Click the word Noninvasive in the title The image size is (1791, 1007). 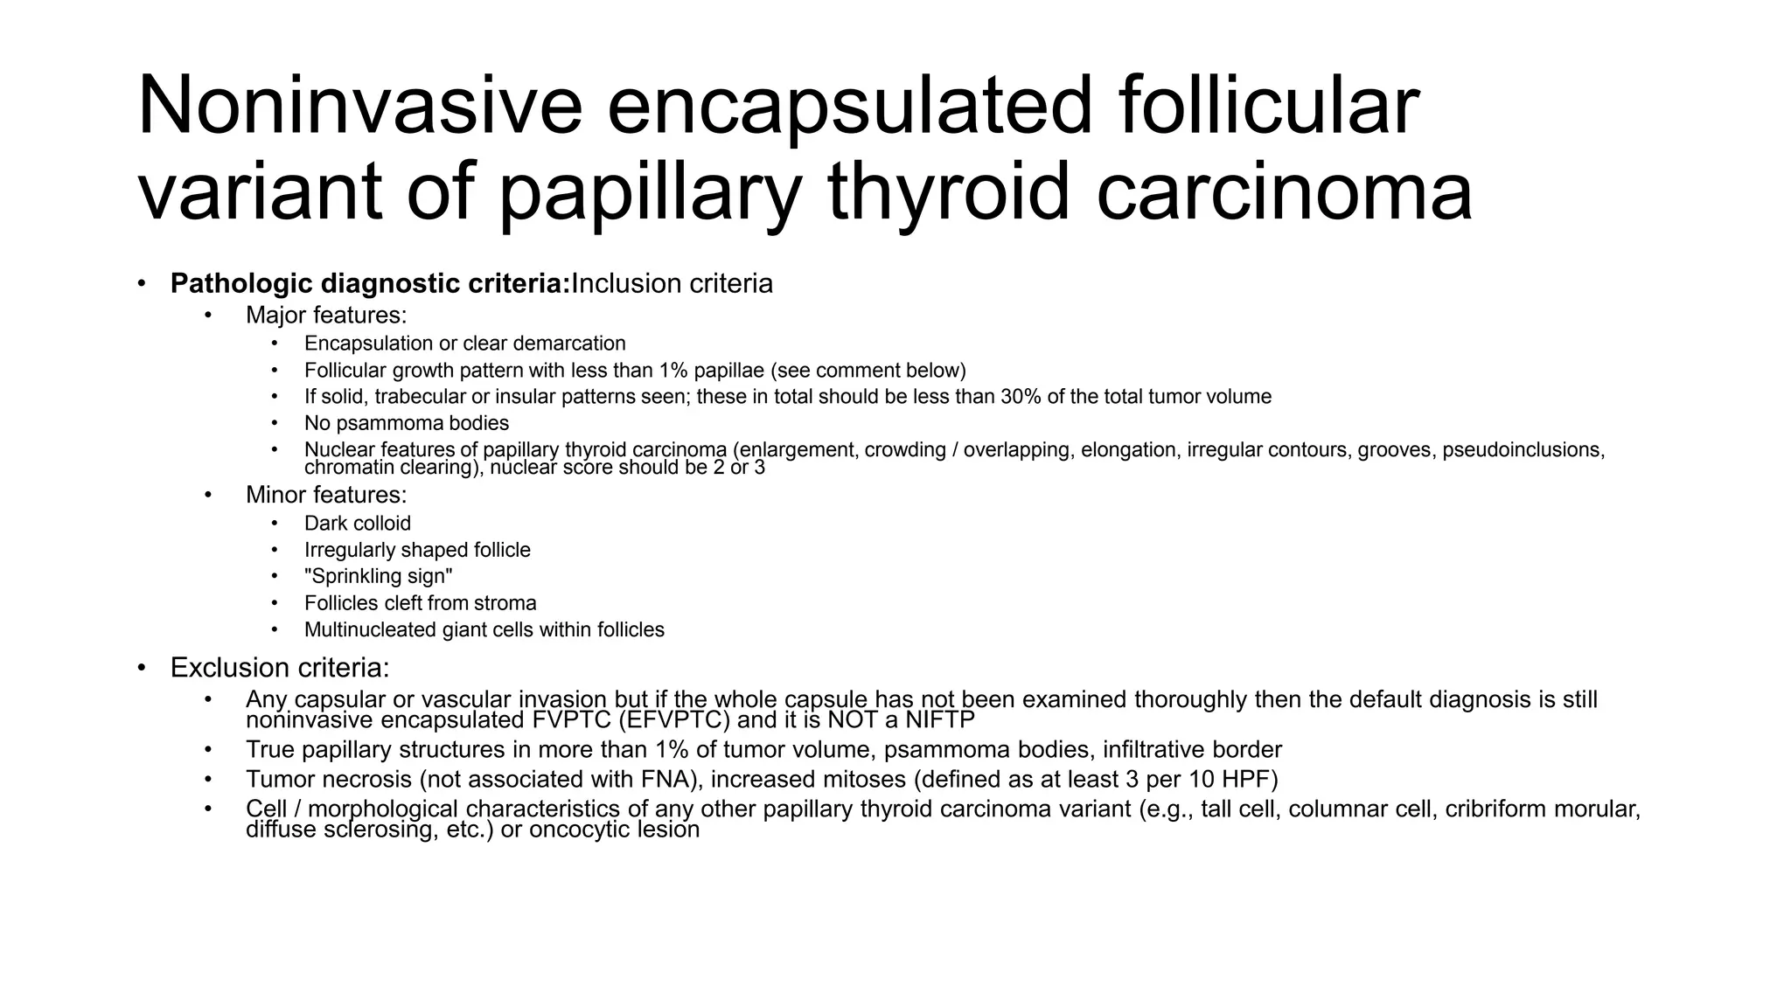tap(359, 107)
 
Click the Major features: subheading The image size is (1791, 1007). tap(326, 315)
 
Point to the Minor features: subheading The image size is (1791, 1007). tap(326, 495)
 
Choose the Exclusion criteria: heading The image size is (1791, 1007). tap(280, 668)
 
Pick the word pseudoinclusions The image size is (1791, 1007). tap(1523, 450)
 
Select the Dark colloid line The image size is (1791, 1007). tap(357, 524)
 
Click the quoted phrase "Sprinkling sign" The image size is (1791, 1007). tap(378, 577)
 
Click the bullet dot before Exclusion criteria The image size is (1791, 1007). tap(142, 669)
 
